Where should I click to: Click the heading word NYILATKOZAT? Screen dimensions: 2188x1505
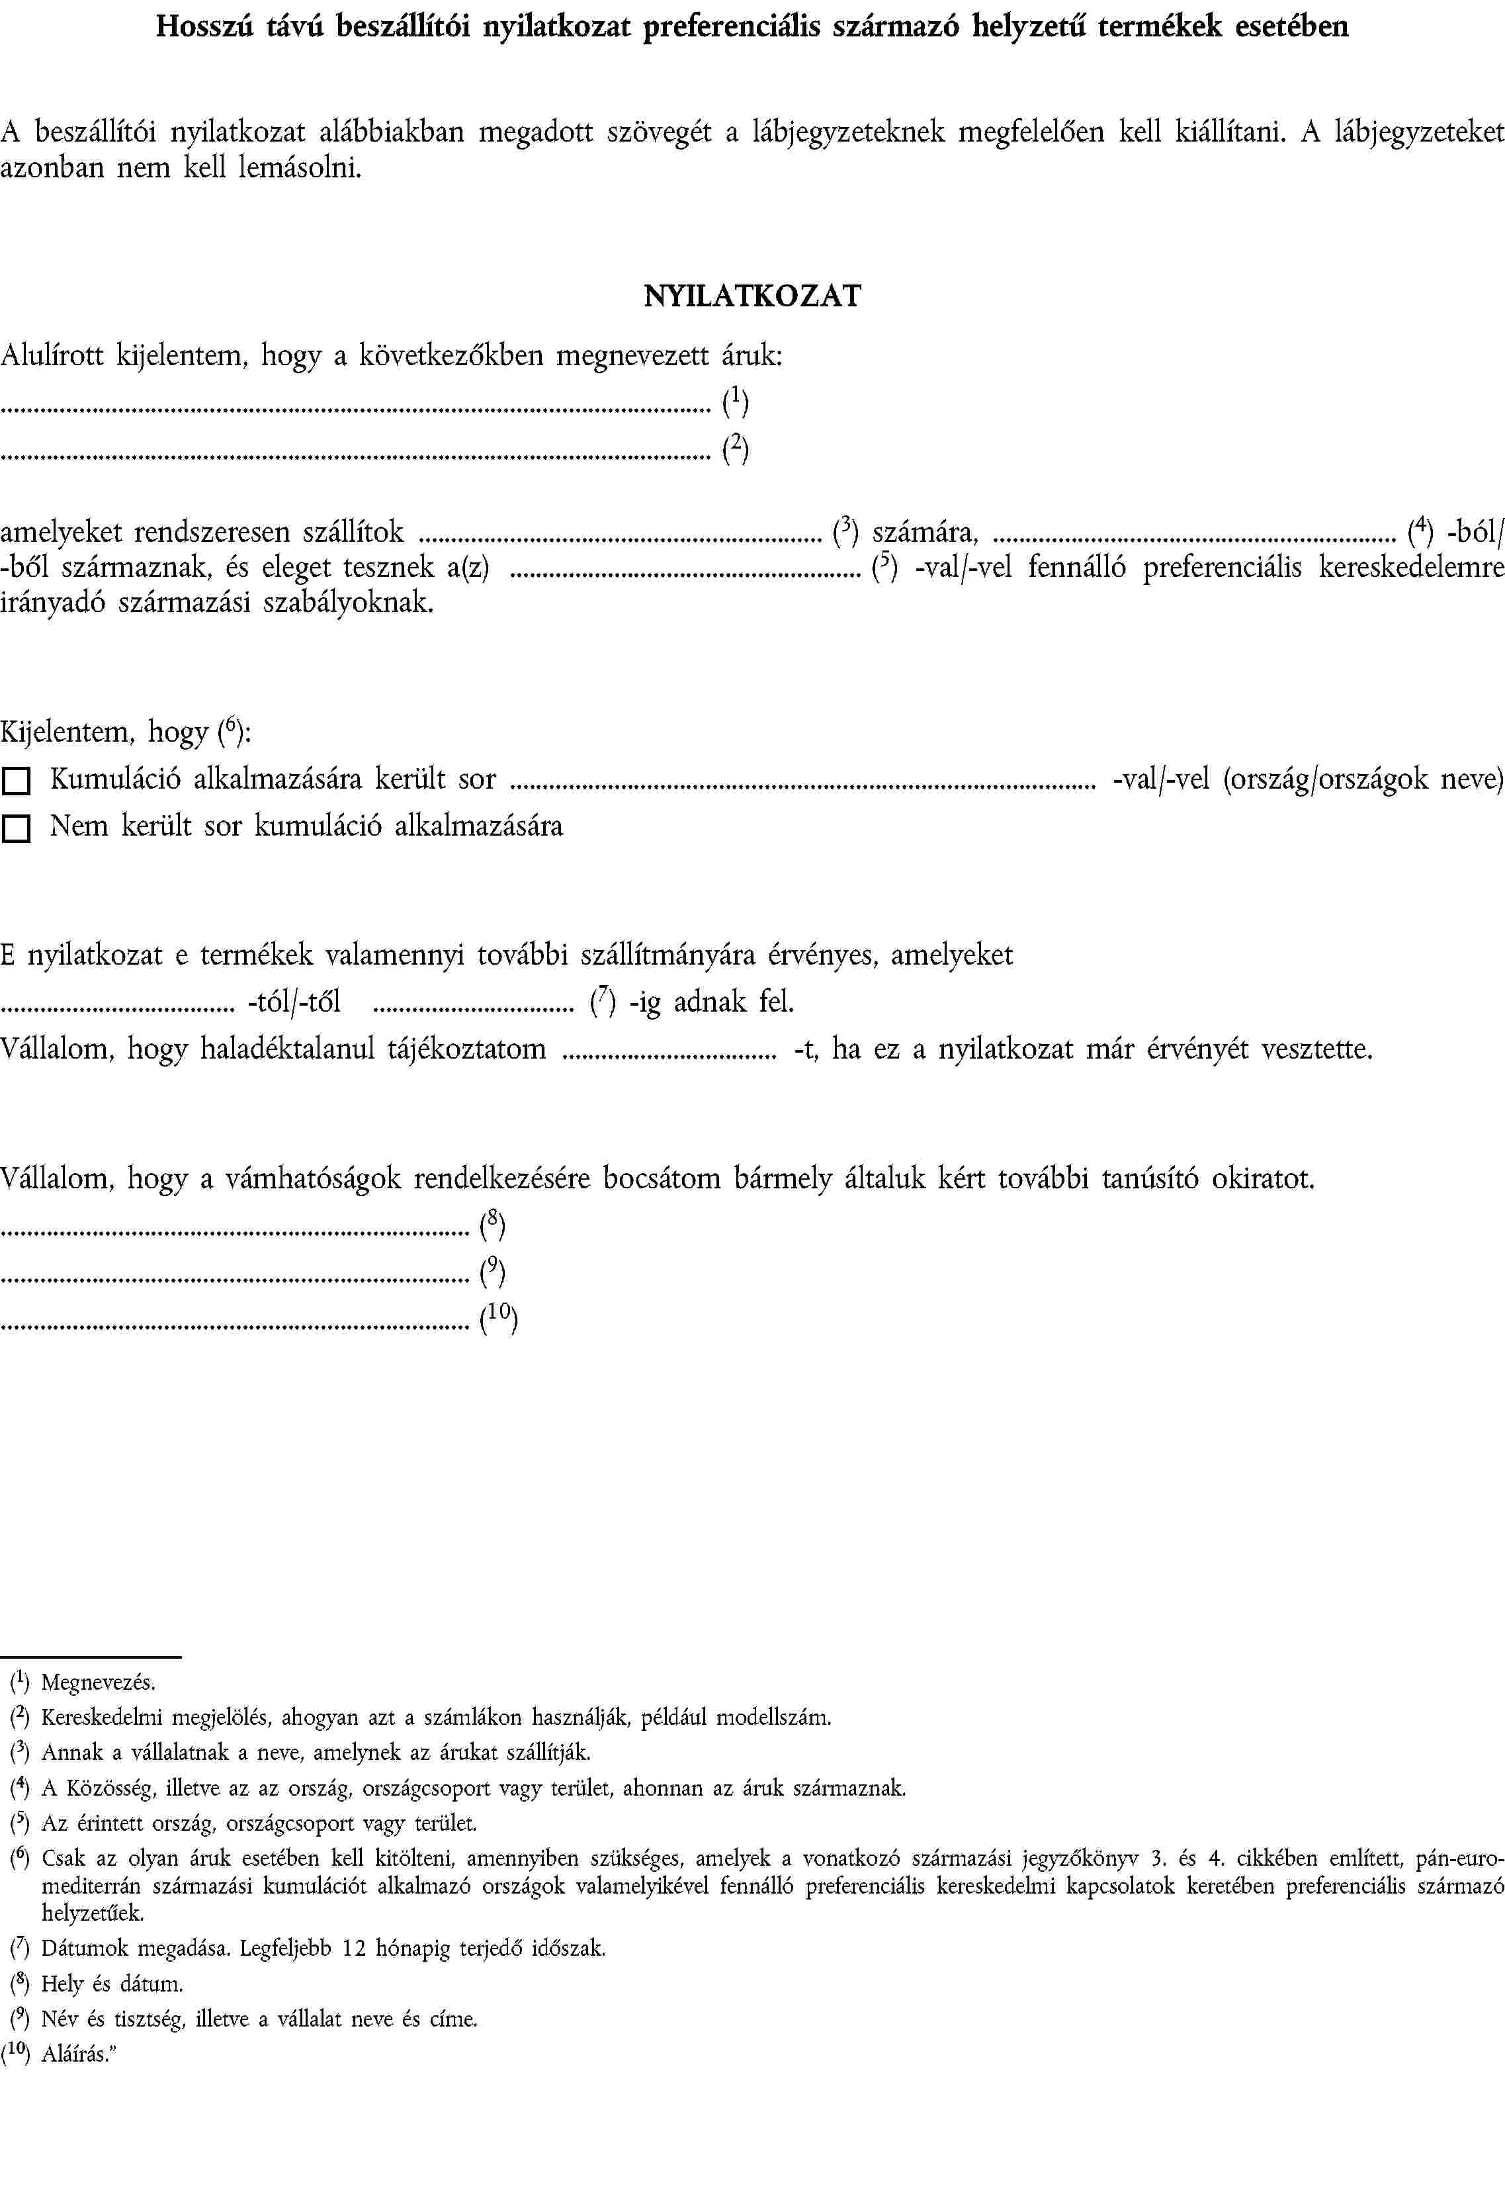pos(752,296)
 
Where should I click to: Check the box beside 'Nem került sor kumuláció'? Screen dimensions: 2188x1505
pos(16,829)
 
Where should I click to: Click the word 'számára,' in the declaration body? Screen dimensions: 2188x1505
pos(925,533)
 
